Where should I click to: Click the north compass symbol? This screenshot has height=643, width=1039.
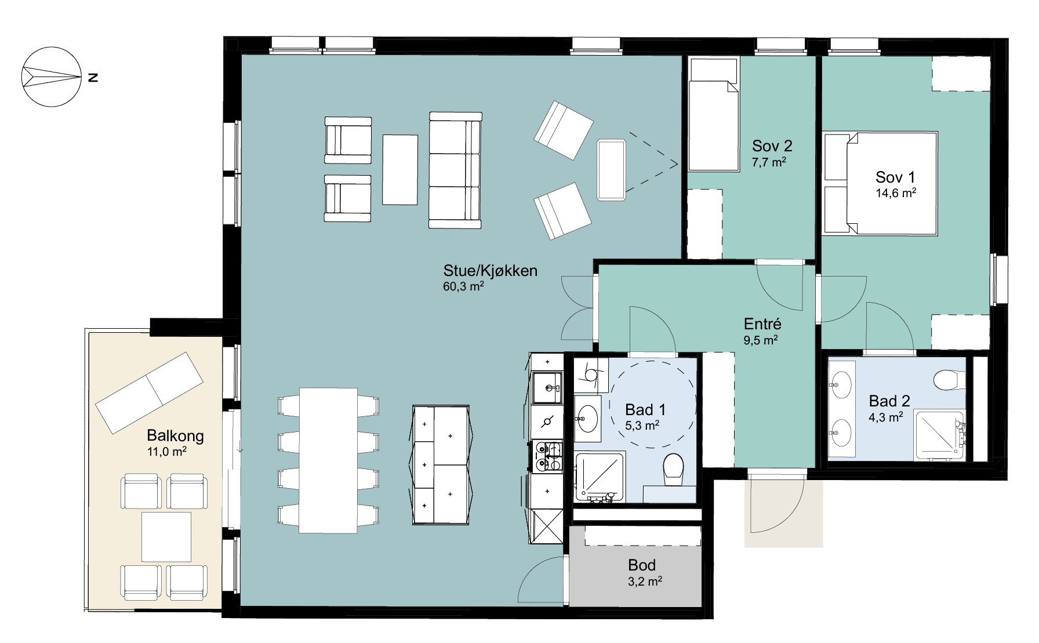[51, 77]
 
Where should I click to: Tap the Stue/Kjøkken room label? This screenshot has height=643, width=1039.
[490, 271]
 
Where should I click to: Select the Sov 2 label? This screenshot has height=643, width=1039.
[772, 146]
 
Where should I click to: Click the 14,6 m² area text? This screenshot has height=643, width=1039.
[896, 193]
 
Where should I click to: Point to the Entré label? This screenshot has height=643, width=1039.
[762, 324]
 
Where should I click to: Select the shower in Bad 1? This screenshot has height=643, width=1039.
[600, 477]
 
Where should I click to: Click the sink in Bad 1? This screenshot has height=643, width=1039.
[588, 417]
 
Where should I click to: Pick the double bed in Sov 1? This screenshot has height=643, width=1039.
[880, 183]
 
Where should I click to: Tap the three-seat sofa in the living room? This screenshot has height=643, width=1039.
[455, 170]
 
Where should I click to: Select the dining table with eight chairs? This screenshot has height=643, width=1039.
[328, 460]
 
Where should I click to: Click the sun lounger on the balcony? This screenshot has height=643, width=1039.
[149, 393]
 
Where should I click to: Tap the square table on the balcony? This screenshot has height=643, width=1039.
[166, 536]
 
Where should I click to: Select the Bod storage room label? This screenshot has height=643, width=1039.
[642, 565]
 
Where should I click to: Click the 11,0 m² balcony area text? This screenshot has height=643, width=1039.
[167, 451]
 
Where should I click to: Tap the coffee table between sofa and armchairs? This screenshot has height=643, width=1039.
[400, 169]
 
